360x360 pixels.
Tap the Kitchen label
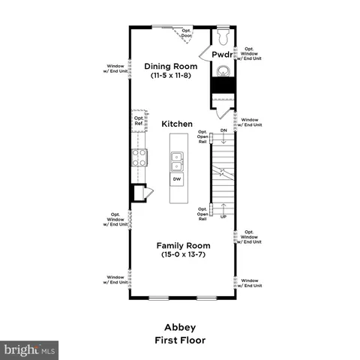[x=178, y=123]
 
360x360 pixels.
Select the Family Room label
[x=183, y=245]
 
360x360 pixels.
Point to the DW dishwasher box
[x=177, y=179]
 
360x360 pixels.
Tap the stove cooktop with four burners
[x=139, y=157]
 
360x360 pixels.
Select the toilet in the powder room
[x=223, y=35]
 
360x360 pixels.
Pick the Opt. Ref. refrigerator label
[x=139, y=121]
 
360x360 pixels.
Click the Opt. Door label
[x=187, y=34]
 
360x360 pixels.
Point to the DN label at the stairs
[x=223, y=130]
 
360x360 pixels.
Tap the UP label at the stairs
[x=223, y=217]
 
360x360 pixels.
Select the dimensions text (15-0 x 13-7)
[x=183, y=255]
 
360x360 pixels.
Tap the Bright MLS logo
[x=30, y=349]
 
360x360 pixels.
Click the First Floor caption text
[x=179, y=340]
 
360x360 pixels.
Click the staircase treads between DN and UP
[x=223, y=174]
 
